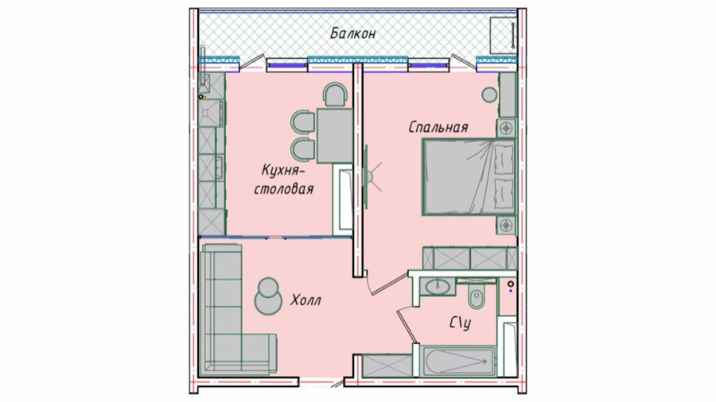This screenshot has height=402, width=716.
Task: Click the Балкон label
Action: click(353, 33)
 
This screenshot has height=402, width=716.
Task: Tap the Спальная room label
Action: click(438, 126)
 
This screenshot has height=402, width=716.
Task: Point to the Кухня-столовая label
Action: click(284, 180)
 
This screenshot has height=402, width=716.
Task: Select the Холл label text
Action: click(305, 300)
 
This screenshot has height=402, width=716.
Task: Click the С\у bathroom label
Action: click(461, 323)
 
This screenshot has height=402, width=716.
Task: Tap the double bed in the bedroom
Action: click(469, 177)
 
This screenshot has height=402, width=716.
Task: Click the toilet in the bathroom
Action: click(477, 296)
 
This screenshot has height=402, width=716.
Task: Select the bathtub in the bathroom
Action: click(459, 361)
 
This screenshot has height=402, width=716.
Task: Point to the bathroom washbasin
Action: click(438, 286)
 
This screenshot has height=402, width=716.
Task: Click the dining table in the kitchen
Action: click(335, 135)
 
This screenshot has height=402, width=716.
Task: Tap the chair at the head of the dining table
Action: click(336, 95)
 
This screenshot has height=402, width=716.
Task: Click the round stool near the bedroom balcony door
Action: click(489, 95)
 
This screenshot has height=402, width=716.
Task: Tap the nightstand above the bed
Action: click(506, 128)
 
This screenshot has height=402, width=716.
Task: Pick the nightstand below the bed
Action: click(506, 225)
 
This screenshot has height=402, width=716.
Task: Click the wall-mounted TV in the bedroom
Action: click(366, 177)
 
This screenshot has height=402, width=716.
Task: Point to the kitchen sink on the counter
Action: click(212, 113)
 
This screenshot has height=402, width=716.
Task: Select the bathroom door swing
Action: click(407, 324)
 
